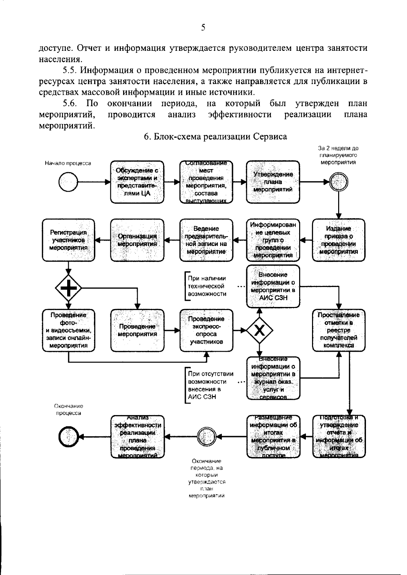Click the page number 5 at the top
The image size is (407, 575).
pos(203,28)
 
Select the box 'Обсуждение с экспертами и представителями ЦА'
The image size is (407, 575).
pos(137,182)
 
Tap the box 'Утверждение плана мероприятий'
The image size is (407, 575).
pos(273,182)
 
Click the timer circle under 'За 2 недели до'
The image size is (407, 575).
pos(338,182)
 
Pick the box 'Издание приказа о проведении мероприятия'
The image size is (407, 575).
pos(338,240)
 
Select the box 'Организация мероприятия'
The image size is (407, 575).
pos(137,240)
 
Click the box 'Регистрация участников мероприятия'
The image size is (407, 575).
pos(69,240)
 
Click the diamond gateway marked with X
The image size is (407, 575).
pos(259,330)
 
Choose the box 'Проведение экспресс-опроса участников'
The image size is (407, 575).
pos(206,330)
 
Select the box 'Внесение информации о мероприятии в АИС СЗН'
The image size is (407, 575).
pos(273,286)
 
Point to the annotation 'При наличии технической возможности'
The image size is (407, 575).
pos(207,286)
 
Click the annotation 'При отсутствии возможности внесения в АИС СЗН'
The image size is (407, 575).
pos(210,385)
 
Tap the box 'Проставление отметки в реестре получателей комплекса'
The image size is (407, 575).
pos(338,330)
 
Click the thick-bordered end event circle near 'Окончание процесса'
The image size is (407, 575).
pos(69,437)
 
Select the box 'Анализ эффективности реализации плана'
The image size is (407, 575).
pos(137,437)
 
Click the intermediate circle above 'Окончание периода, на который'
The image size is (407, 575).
pos(207,437)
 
